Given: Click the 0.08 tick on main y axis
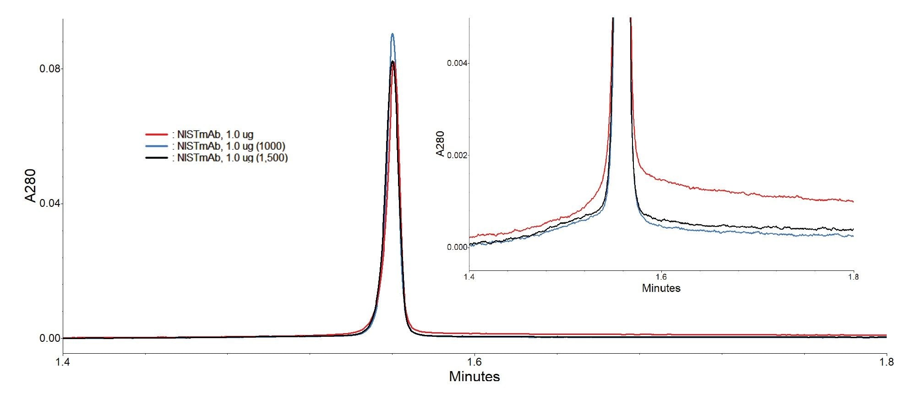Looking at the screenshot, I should point(50,69).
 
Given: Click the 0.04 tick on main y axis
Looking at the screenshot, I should point(50,203).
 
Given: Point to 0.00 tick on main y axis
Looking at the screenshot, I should point(50,338).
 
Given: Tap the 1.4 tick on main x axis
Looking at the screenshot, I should point(63,362).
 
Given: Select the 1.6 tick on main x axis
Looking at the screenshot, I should point(475,362).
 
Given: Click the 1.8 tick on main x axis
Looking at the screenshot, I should point(887,362).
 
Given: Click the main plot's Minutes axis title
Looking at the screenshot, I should point(474,377).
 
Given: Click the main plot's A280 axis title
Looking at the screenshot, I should point(30,185).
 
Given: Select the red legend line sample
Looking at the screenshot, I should point(157,135).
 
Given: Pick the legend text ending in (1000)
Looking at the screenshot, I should point(231,146).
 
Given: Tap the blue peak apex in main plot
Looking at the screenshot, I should point(393,34).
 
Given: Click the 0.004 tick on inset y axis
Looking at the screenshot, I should point(456,63).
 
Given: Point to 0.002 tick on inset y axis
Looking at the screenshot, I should point(456,155).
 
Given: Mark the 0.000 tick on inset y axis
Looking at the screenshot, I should point(456,247).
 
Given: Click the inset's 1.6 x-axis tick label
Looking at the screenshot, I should point(661,277).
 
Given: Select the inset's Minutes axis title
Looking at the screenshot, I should point(661,288).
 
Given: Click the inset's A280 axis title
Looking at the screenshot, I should point(440,144).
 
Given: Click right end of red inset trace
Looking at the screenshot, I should point(853,201).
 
